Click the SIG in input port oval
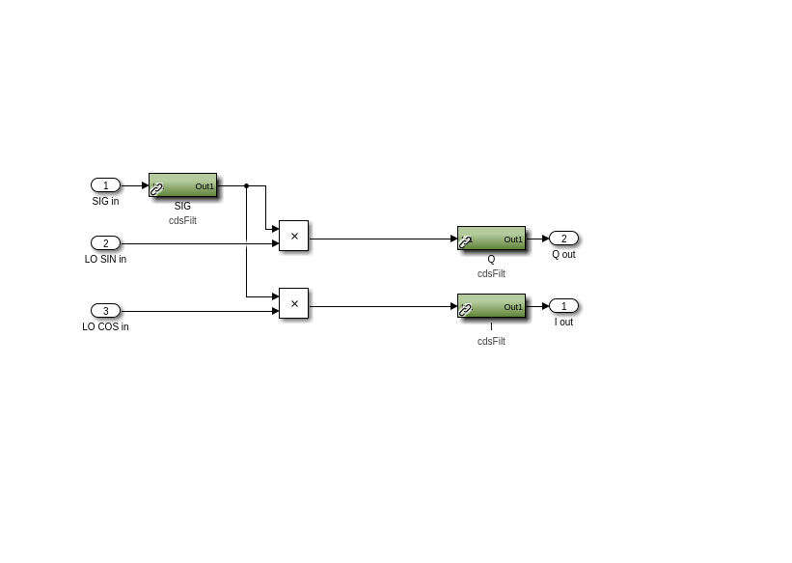(105, 185)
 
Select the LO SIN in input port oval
(105, 242)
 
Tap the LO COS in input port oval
(105, 311)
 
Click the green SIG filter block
(183, 185)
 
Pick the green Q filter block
(491, 239)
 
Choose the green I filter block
(491, 306)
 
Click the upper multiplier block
(293, 236)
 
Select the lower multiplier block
(293, 303)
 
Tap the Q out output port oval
(563, 239)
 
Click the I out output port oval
(563, 306)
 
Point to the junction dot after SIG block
(247, 185)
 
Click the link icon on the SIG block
(156, 189)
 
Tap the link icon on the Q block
(465, 242)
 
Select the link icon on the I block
(465, 310)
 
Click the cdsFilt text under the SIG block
(183, 220)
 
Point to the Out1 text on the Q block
(513, 239)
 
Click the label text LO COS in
(105, 326)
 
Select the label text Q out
(563, 254)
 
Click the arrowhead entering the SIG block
(146, 185)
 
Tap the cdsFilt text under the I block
(491, 342)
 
